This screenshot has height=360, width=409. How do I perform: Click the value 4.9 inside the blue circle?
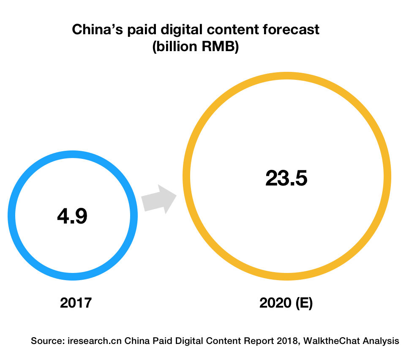click(x=72, y=216)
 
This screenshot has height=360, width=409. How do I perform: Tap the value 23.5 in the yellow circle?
click(x=286, y=178)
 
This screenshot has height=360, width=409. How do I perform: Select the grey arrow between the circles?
click(x=158, y=199)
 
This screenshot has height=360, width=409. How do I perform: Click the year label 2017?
click(x=76, y=303)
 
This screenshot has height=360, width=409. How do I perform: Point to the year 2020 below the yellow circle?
click(x=276, y=303)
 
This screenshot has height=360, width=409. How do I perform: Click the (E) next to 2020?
click(x=304, y=303)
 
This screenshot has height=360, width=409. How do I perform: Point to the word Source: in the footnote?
click(x=47, y=341)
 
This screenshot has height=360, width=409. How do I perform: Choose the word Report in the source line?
click(x=262, y=341)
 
